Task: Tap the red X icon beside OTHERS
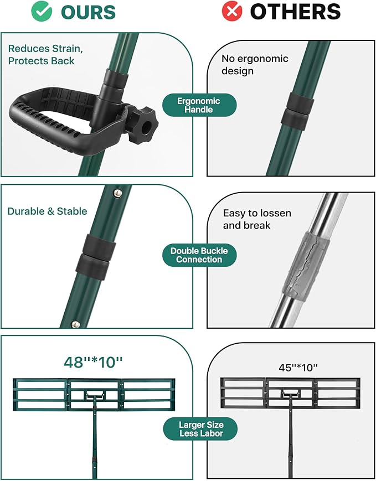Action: coord(232,12)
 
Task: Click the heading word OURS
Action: coord(88,12)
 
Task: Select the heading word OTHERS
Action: coord(295,12)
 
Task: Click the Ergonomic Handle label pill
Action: coord(199,105)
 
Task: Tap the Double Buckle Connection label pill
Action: coord(199,255)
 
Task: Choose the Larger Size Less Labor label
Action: coord(200,429)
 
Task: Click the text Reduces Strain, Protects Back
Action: coord(45,55)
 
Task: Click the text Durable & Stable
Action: coord(47,211)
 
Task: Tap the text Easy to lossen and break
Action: coord(257,219)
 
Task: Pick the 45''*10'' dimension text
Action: coord(290,367)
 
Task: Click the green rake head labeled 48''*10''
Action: coord(94,394)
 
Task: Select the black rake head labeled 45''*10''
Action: coord(290,394)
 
